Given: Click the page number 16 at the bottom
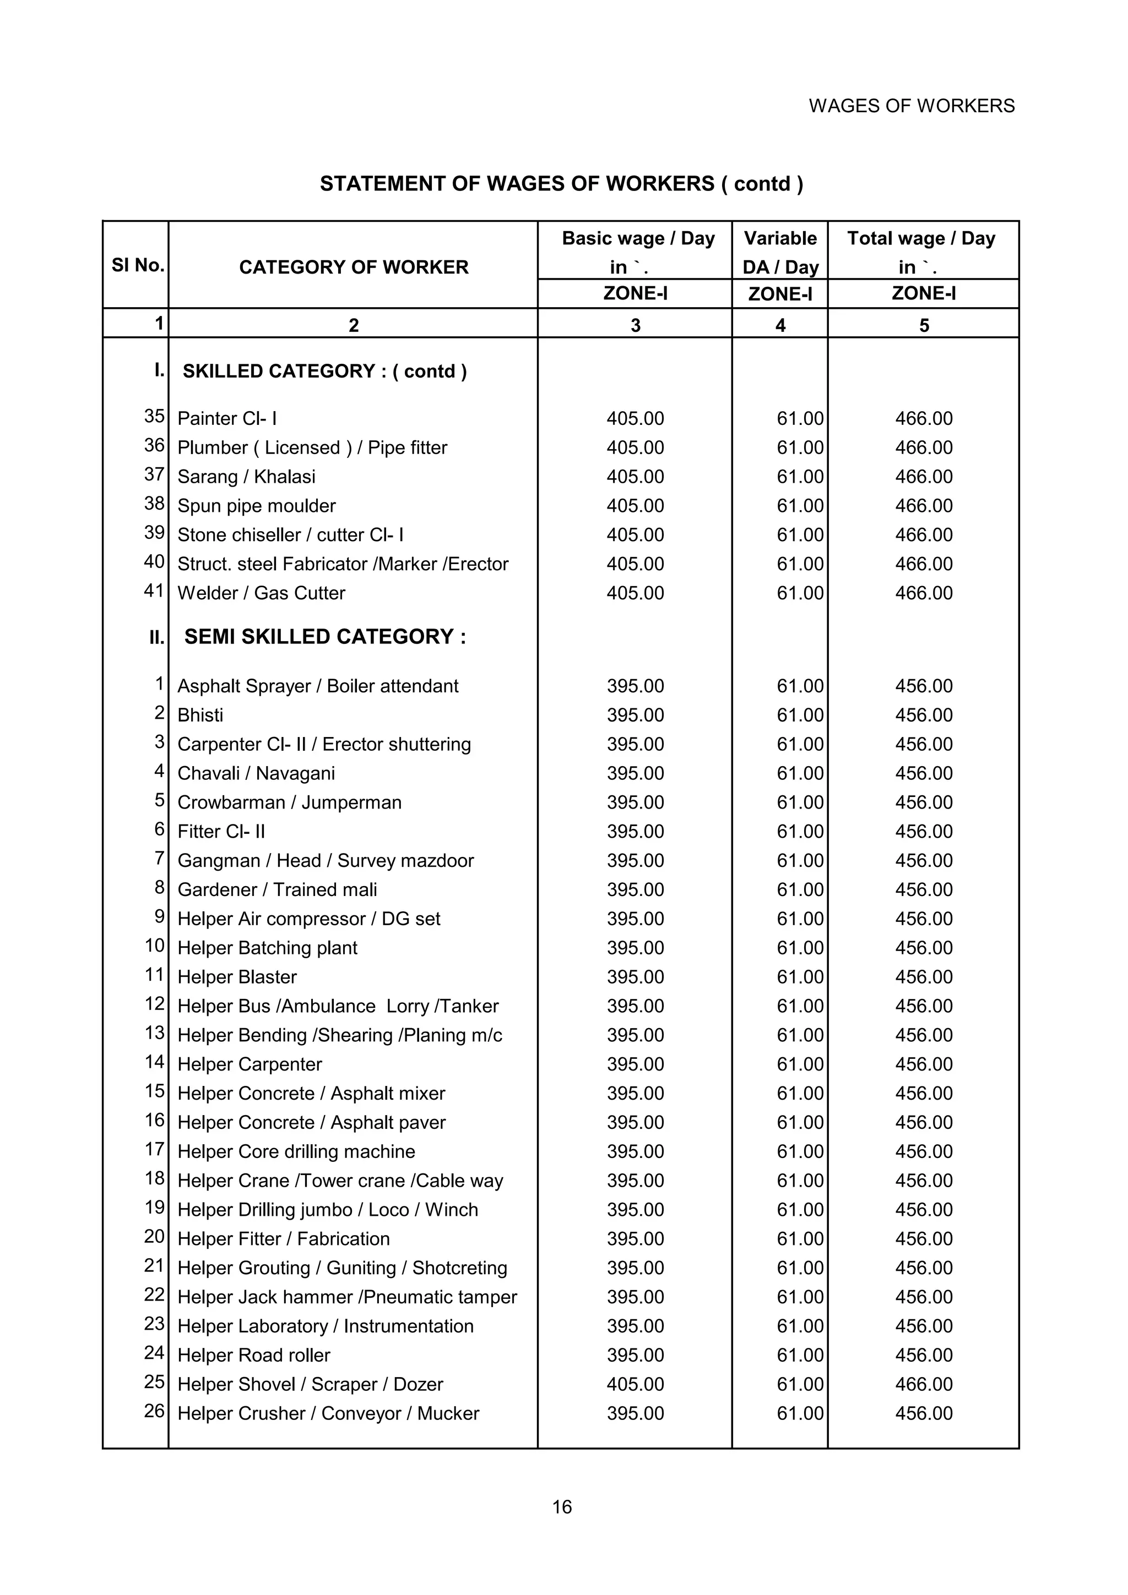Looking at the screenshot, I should [562, 1507].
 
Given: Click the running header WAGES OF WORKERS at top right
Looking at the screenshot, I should [911, 106].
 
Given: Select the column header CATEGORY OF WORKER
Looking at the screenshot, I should [353, 267].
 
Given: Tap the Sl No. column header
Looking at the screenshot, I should [137, 265].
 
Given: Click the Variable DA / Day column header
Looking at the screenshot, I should [780, 252].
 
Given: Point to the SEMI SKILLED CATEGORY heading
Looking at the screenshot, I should [324, 636].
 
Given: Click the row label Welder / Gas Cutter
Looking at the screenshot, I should [261, 593].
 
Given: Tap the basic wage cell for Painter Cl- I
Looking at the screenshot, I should [634, 418].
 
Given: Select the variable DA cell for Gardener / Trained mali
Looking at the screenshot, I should [799, 889].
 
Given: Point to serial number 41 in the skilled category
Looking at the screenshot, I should [154, 591].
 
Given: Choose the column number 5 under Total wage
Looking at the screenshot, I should [924, 325].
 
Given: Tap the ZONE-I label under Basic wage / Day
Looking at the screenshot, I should [634, 293].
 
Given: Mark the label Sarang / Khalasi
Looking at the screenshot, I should [246, 477].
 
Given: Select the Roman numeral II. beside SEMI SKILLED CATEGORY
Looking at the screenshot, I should [156, 637].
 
